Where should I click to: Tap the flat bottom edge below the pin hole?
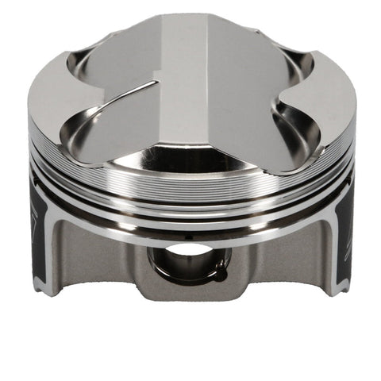tap(190, 295)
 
